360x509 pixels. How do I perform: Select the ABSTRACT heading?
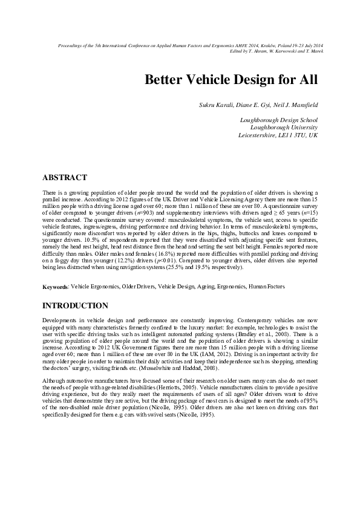[65, 178]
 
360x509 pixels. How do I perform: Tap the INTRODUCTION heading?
[75, 306]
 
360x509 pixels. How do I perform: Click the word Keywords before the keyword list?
[55, 287]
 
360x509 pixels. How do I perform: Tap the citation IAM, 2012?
[213, 355]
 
